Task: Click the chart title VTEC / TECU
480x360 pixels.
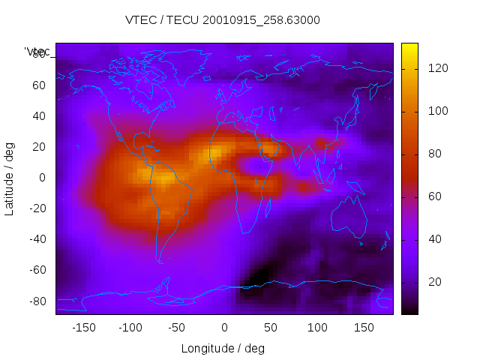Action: (x=223, y=20)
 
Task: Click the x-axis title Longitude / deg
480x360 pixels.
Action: (x=223, y=348)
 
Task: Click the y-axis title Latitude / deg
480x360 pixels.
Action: (x=10, y=178)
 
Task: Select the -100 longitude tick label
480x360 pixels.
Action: (x=130, y=328)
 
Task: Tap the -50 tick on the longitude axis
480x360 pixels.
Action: (x=177, y=328)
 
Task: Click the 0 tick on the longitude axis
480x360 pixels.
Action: (x=223, y=328)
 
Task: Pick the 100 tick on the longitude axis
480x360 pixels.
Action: (x=317, y=328)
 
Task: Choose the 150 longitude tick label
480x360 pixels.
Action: (x=364, y=328)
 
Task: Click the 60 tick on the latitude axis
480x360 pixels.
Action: (x=39, y=85)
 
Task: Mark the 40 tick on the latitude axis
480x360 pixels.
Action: (x=39, y=115)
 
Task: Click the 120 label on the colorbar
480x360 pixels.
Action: (x=437, y=68)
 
